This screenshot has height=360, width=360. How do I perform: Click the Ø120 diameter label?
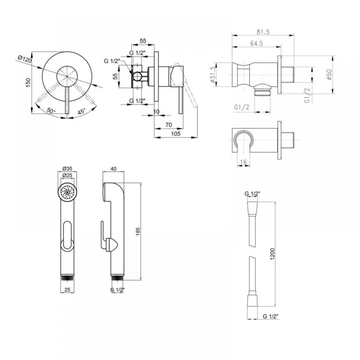(x=24, y=60)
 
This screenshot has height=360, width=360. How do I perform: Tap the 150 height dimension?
(x=28, y=83)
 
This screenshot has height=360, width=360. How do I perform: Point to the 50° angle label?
(x=51, y=111)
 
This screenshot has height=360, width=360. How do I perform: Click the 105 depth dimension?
(x=176, y=134)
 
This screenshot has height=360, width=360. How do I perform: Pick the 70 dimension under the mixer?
(x=168, y=125)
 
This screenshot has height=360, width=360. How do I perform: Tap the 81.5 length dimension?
(x=263, y=32)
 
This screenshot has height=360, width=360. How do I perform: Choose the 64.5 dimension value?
(x=256, y=44)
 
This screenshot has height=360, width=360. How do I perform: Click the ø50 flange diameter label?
(x=329, y=75)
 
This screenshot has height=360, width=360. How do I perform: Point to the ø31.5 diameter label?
(x=213, y=75)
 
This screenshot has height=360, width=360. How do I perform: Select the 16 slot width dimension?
(x=243, y=162)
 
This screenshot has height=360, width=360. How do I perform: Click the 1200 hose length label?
(x=272, y=254)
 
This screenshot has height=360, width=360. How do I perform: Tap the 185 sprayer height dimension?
(x=138, y=231)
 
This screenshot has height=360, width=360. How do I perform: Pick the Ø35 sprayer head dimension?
(x=67, y=168)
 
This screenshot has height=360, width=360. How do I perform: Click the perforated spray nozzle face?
(x=67, y=192)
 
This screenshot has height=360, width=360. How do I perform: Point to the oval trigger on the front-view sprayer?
(x=67, y=235)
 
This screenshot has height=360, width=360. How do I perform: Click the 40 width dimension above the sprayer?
(x=113, y=169)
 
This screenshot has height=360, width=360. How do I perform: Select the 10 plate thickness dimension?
(x=156, y=112)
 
